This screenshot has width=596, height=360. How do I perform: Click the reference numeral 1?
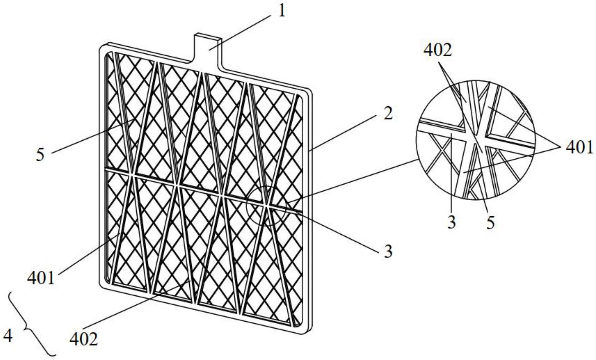tap(282, 11)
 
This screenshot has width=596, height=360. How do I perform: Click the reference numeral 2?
tap(387, 114)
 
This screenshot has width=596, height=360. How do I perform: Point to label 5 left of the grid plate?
tap(40, 155)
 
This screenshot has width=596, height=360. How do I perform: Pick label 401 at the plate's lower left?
tap(41, 278)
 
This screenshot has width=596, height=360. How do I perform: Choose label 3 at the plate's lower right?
tap(388, 251)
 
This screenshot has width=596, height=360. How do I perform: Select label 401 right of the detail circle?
tap(579, 147)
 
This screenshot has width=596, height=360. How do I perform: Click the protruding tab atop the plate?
tap(208, 47)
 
